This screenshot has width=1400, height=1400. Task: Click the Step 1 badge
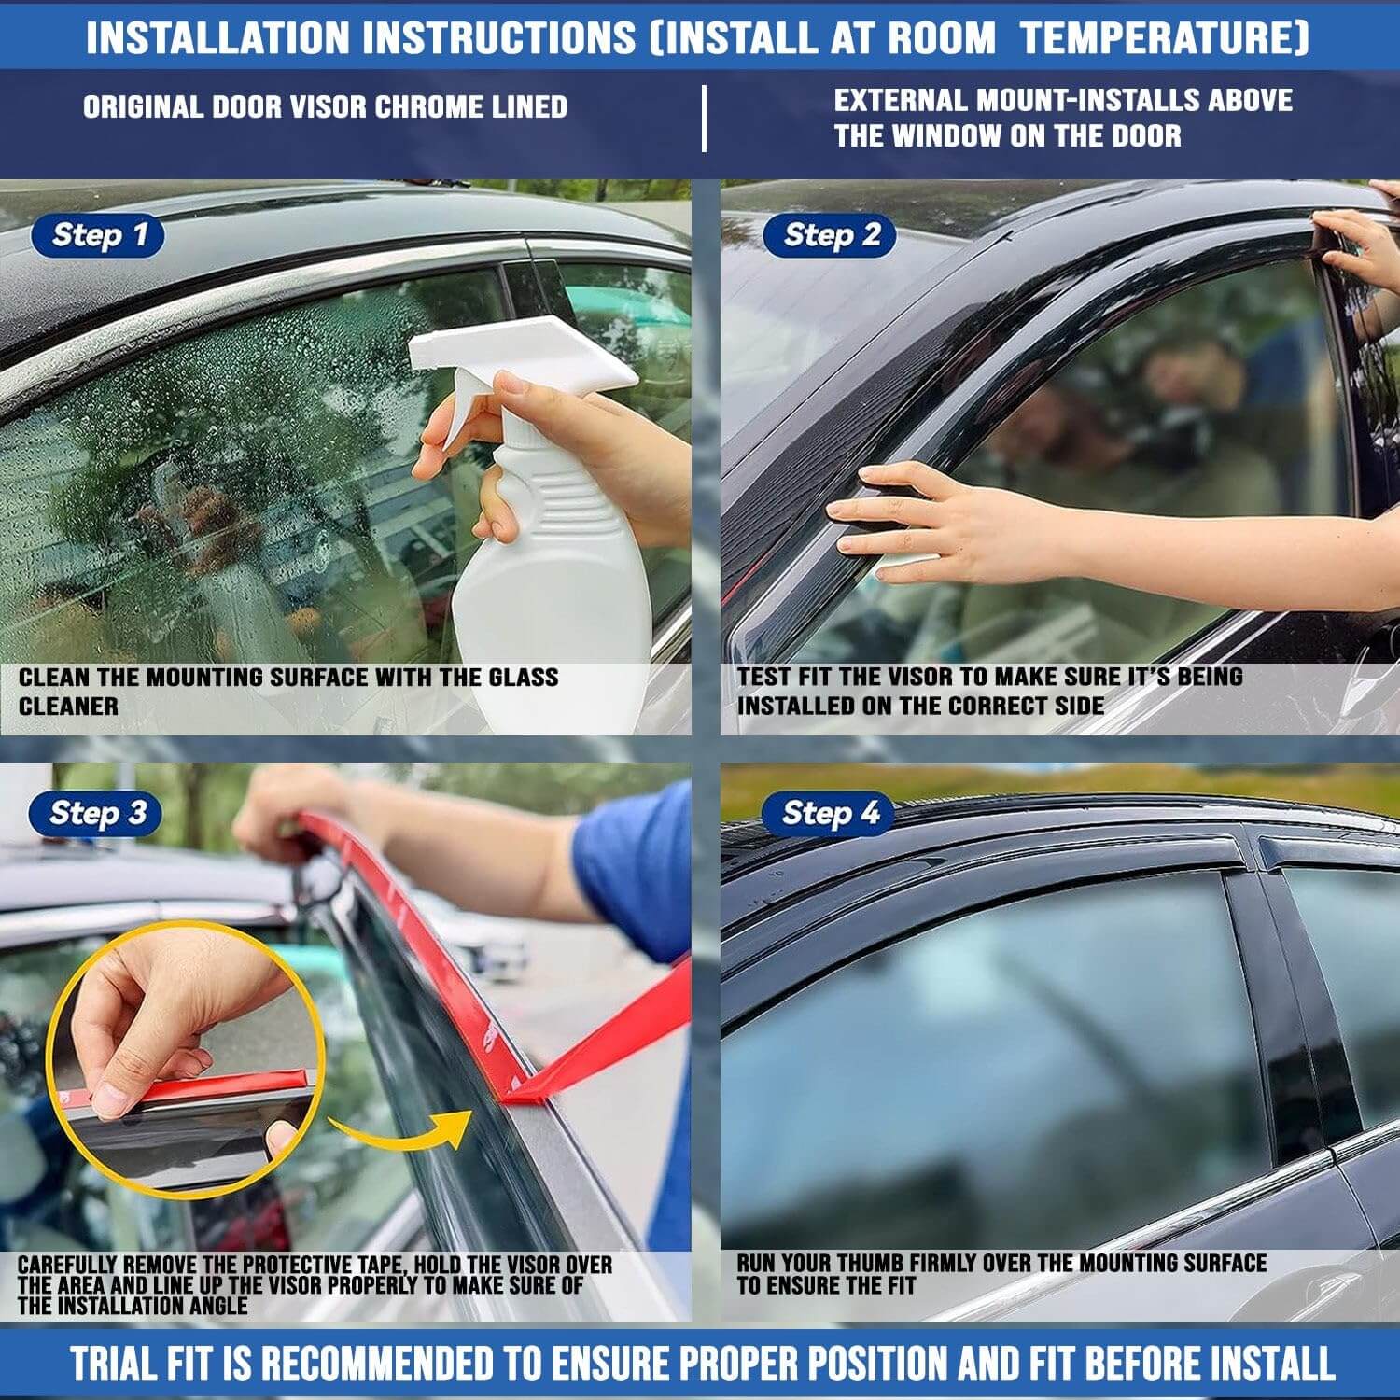(98, 235)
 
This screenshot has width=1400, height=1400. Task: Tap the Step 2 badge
(830, 235)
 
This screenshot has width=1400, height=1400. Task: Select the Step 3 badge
(95, 813)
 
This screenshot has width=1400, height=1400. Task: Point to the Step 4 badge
(828, 813)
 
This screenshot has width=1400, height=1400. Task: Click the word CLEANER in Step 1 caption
(68, 707)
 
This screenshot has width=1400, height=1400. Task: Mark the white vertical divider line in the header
(704, 119)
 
